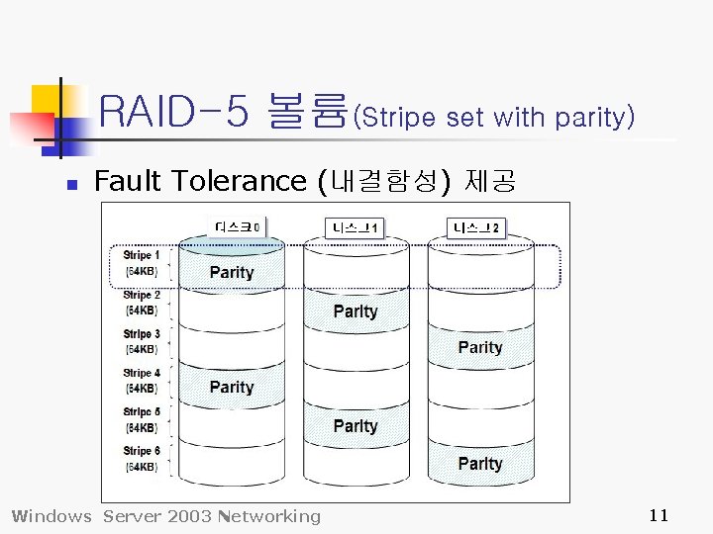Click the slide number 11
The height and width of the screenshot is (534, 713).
tap(659, 514)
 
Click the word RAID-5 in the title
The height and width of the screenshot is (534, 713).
tap(174, 112)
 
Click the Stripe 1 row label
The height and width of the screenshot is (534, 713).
tap(142, 263)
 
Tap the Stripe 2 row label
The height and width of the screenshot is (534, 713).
tap(142, 303)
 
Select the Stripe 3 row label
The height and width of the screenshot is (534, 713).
tap(142, 341)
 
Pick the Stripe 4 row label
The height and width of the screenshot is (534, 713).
tap(142, 381)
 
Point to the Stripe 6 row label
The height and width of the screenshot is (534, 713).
tap(142, 459)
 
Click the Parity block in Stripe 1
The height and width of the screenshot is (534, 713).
tap(232, 272)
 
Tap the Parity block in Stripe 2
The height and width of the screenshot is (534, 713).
tap(356, 311)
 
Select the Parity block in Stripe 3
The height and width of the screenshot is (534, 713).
tap(480, 347)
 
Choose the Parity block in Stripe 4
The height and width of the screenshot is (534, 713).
tap(232, 387)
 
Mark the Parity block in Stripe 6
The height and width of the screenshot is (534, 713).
tap(480, 464)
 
